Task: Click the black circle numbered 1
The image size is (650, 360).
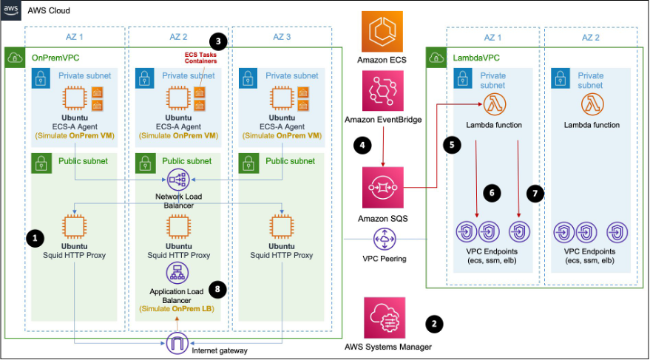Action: click(x=35, y=237)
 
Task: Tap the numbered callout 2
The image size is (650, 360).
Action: click(x=436, y=323)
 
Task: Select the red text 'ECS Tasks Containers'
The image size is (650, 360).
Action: click(x=200, y=59)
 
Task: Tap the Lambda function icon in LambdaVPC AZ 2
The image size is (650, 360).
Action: click(x=591, y=105)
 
